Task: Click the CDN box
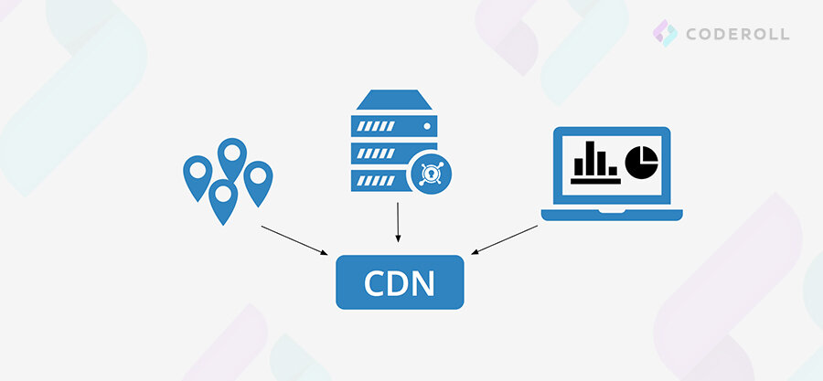pos(400,282)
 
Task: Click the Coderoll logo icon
pos(665,34)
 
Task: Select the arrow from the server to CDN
pos(398,221)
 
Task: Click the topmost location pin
pos(230,155)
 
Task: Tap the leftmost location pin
pos(197,174)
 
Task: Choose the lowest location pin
pos(223,198)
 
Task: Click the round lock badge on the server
pos(426,172)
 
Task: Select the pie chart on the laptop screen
pos(642,162)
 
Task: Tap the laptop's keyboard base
pos(612,215)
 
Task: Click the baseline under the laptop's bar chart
pos(594,181)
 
